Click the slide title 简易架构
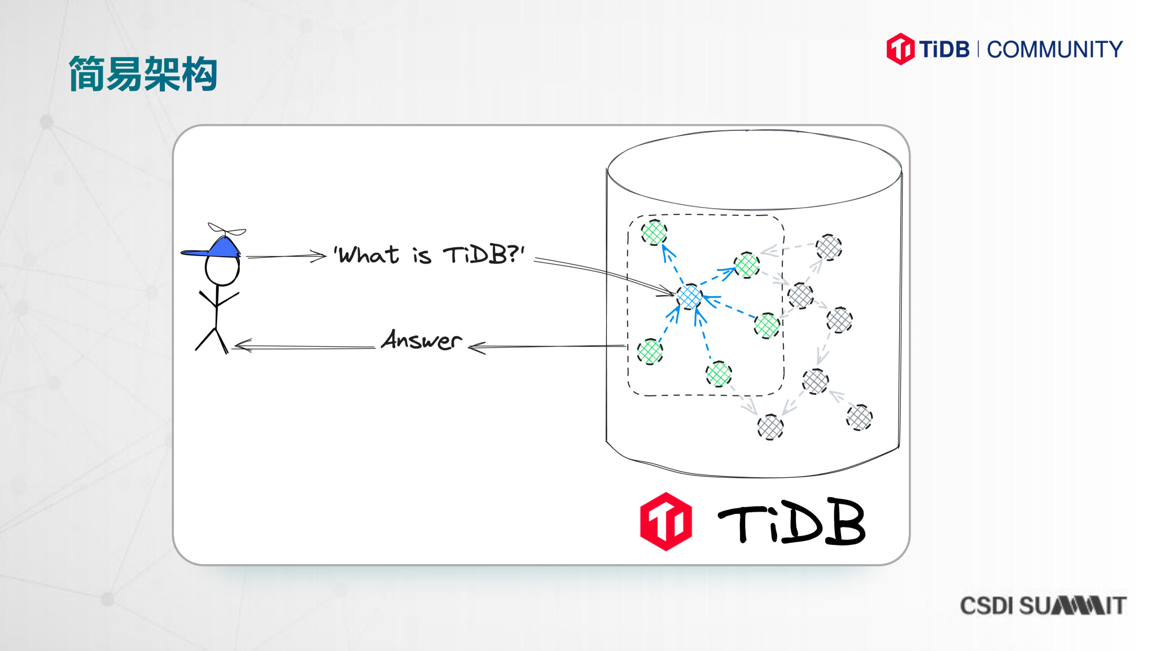143,73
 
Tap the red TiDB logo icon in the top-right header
900,49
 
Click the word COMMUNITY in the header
1054,50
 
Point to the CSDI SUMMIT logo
1043,605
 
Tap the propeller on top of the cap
227,230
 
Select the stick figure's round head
222,270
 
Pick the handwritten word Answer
422,340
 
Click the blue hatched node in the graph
689,297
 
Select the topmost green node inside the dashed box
654,232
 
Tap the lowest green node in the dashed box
719,373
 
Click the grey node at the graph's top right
829,247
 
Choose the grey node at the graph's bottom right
859,417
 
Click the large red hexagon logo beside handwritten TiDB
666,521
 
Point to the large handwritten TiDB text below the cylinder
791,521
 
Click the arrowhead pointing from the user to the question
319,256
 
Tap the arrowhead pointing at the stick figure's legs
242,345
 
